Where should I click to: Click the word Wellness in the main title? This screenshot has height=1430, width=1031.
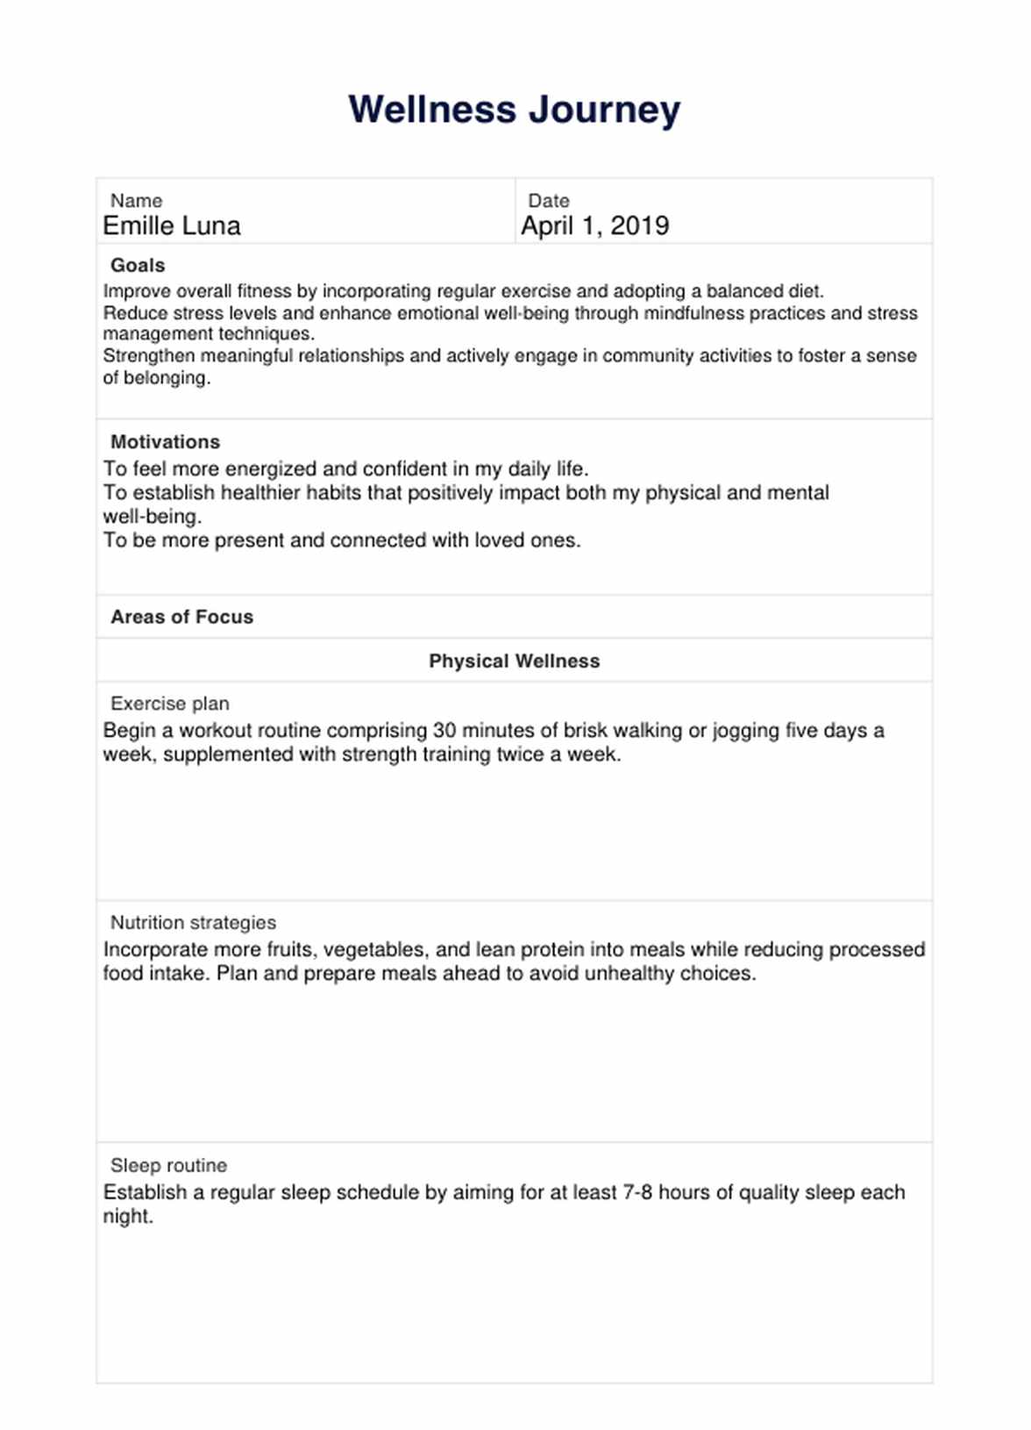(432, 110)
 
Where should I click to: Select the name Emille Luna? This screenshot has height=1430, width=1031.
(172, 226)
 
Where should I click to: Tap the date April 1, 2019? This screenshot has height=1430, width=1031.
(595, 226)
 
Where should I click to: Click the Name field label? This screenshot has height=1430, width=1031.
(136, 201)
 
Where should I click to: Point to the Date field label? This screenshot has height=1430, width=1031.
(549, 201)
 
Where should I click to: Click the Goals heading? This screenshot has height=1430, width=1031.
(138, 265)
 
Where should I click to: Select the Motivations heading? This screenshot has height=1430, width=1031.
(165, 442)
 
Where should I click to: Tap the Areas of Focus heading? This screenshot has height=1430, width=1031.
(181, 617)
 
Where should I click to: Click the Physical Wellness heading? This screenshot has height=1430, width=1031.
(514, 661)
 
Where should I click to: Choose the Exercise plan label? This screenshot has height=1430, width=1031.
(169, 704)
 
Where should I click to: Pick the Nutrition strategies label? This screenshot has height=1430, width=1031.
(193, 923)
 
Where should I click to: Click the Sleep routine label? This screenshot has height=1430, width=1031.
(168, 1166)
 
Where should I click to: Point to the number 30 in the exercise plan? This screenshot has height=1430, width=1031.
(444, 731)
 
